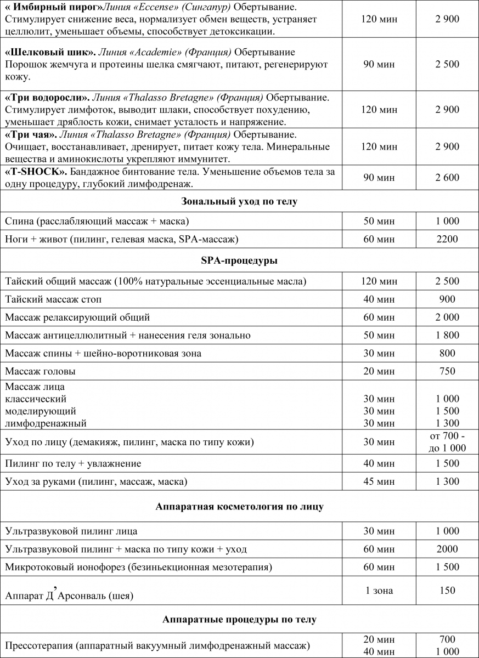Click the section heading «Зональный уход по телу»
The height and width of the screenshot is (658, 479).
pos(239,202)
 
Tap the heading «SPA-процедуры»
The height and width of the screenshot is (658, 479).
pos(239,260)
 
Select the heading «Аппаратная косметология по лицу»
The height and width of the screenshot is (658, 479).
pos(239,506)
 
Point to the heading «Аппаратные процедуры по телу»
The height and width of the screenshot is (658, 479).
pos(239,620)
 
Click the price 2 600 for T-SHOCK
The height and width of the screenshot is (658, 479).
pos(447,178)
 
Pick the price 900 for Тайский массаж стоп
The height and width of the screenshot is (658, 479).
pos(447,299)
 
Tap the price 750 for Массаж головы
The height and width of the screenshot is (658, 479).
pos(447,371)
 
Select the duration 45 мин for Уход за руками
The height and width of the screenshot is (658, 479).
pos(379,481)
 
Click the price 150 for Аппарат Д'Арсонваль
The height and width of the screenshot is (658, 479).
pos(447,590)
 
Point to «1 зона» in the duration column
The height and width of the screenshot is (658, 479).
pos(379,590)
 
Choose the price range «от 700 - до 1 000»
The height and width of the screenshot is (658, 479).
pos(447,442)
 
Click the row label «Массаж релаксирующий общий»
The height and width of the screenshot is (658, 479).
pos(77,317)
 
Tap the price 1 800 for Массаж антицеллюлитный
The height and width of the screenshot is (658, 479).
pos(447,335)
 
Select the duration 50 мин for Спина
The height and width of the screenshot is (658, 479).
pos(379,221)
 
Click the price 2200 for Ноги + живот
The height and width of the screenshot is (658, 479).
pos(447,239)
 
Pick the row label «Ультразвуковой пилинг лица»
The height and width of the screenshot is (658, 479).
pos(71,531)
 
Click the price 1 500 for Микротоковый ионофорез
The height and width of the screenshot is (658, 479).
pos(447,566)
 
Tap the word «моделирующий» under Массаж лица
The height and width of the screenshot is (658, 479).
pos(41,411)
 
